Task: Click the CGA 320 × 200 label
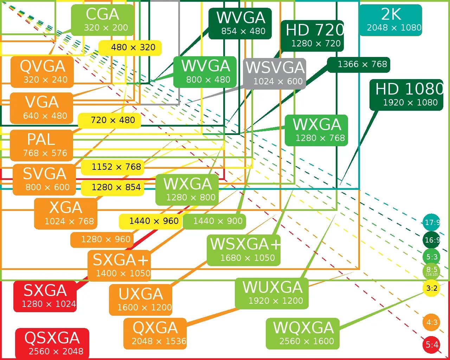(x=103, y=20)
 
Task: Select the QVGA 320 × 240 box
(x=42, y=72)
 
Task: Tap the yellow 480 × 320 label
(x=130, y=48)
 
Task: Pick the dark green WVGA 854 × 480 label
(x=240, y=24)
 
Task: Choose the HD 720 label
(x=312, y=36)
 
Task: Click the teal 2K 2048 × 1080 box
(x=390, y=20)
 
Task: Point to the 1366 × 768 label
(x=359, y=65)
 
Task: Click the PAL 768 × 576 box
(x=41, y=145)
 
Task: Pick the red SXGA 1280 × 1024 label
(x=45, y=296)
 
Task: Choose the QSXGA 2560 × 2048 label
(x=52, y=343)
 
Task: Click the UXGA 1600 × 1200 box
(x=141, y=300)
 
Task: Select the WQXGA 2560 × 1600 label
(x=303, y=333)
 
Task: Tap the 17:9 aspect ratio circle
(x=431, y=222)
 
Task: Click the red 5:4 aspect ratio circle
(x=431, y=345)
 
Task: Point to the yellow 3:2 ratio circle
(x=431, y=288)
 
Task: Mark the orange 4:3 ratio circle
(x=431, y=322)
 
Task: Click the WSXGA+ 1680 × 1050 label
(x=244, y=250)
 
